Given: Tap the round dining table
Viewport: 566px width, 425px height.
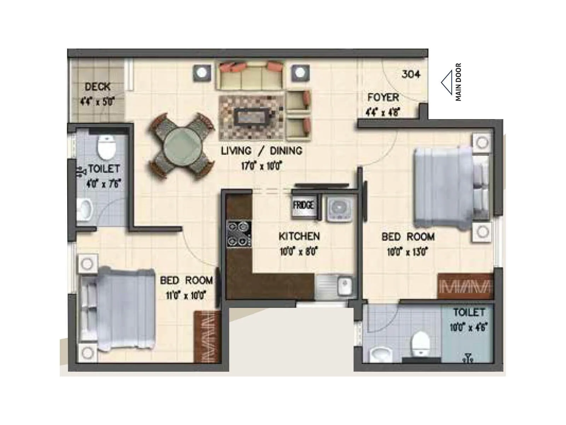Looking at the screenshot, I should click(x=183, y=145).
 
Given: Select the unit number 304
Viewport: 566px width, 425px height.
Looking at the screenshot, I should click(x=411, y=74).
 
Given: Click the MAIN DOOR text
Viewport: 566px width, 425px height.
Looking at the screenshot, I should click(x=458, y=82).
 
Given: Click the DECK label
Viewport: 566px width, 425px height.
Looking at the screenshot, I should click(x=97, y=87).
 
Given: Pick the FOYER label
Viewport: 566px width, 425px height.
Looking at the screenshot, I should click(x=383, y=97).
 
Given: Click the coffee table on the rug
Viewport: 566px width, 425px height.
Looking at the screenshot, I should click(x=252, y=115).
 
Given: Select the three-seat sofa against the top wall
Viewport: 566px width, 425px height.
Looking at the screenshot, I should click(x=251, y=76).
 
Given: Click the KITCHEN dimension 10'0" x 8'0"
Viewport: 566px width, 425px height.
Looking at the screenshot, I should click(x=299, y=252).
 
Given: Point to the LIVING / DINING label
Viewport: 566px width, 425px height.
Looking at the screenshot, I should click(x=262, y=151).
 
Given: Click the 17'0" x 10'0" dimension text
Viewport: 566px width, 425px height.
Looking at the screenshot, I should click(x=261, y=166).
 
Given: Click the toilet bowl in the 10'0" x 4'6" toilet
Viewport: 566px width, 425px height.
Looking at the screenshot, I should click(x=420, y=344).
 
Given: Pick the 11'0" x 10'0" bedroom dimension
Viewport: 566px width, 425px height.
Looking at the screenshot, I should click(x=186, y=295).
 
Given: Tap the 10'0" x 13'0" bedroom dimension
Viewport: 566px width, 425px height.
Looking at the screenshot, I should click(x=408, y=252).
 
